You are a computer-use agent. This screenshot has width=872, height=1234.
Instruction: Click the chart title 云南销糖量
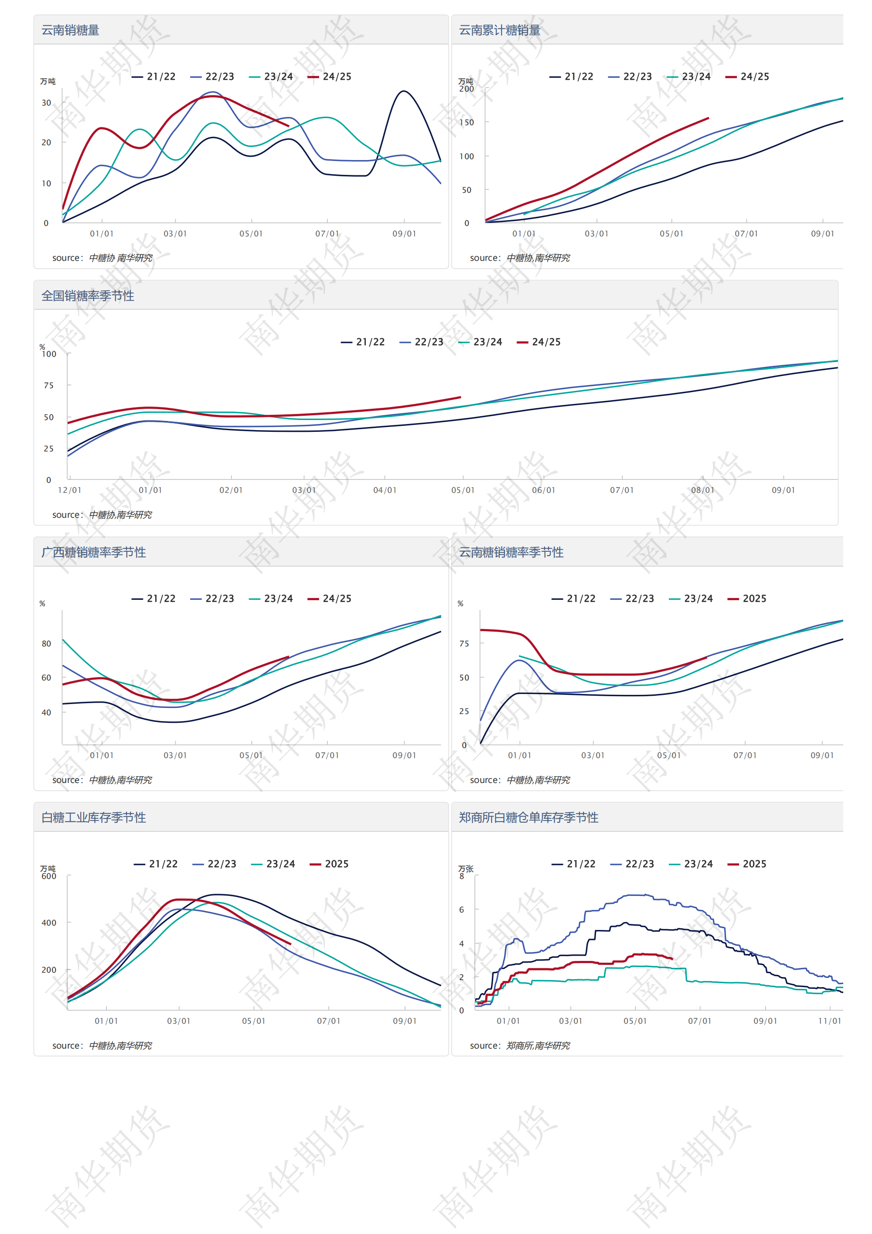pos(70,30)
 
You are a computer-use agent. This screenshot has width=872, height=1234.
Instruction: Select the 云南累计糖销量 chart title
pos(499,30)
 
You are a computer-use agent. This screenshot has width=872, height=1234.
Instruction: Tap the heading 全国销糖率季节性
pos(88,296)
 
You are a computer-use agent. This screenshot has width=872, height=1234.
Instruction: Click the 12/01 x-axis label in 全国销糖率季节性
pos(70,490)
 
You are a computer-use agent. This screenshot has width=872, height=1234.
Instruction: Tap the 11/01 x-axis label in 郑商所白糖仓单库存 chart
pos(829,1021)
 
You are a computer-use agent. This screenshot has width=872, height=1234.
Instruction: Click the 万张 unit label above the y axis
pos(466,868)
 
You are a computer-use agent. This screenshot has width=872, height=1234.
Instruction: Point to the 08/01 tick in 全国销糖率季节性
pos(702,490)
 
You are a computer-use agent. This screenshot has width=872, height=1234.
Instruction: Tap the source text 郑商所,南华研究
pos(538,1046)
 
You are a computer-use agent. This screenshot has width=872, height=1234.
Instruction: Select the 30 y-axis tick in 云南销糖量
pos(47,103)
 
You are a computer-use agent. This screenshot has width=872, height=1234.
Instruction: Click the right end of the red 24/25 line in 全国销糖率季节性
pos(460,397)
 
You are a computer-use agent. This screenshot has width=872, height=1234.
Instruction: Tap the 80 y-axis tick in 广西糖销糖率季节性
pos(47,643)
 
